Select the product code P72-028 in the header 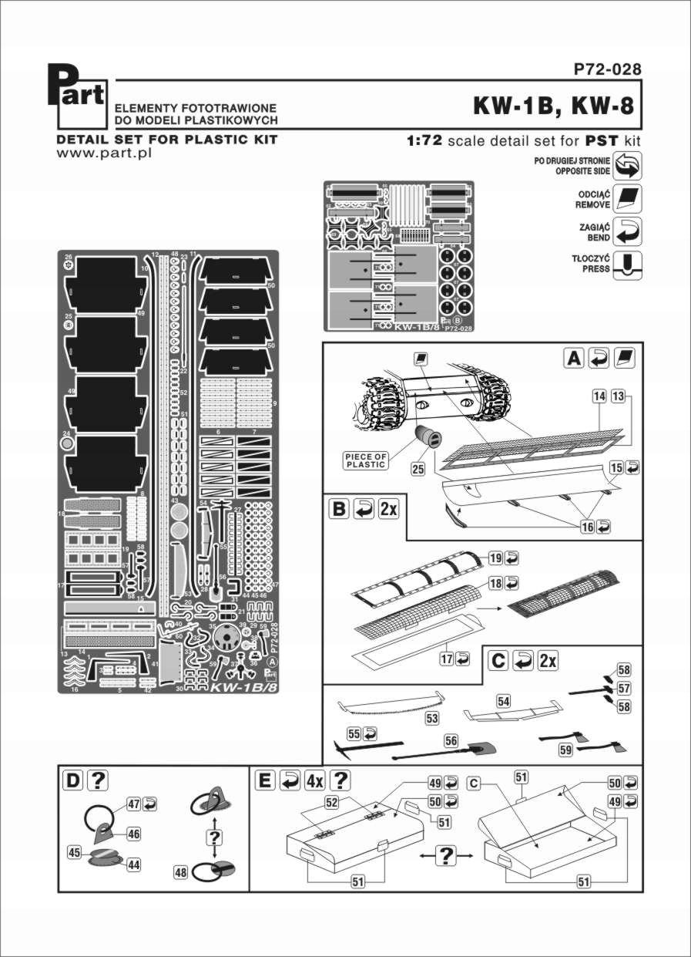[x=606, y=69]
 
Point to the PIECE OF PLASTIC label [x=364, y=460]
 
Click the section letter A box [x=575, y=358]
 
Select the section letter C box [x=498, y=661]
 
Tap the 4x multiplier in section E [x=314, y=780]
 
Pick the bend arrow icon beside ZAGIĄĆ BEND [x=629, y=230]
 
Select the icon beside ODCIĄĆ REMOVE [x=629, y=198]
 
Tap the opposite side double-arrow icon [x=629, y=165]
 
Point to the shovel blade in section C [x=484, y=747]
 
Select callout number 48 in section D [x=181, y=873]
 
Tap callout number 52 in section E [x=331, y=803]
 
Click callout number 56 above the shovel [x=451, y=740]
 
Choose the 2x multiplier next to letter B [x=387, y=510]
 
